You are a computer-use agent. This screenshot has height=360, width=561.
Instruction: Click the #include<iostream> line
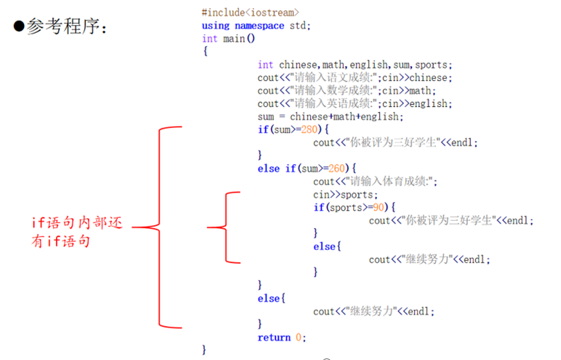coord(250,13)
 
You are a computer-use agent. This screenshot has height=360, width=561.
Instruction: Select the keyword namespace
coord(259,26)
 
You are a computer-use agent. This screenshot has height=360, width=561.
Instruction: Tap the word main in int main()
coord(234,39)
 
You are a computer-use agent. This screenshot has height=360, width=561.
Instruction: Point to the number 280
coord(309,130)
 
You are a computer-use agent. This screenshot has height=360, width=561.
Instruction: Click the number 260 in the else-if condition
coord(337,169)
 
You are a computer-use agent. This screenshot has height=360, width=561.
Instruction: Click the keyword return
coord(274,337)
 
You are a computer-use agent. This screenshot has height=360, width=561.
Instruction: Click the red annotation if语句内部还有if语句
coord(77,232)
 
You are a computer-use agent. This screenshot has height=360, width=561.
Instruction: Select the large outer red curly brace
coord(160,227)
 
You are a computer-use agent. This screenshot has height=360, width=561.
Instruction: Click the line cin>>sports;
coord(346,195)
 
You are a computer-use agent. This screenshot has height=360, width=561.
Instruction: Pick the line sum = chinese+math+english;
coord(331,116)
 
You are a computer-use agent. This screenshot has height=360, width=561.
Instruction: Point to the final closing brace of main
coord(205,349)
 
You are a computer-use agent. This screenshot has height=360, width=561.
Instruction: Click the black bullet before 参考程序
coord(19,26)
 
